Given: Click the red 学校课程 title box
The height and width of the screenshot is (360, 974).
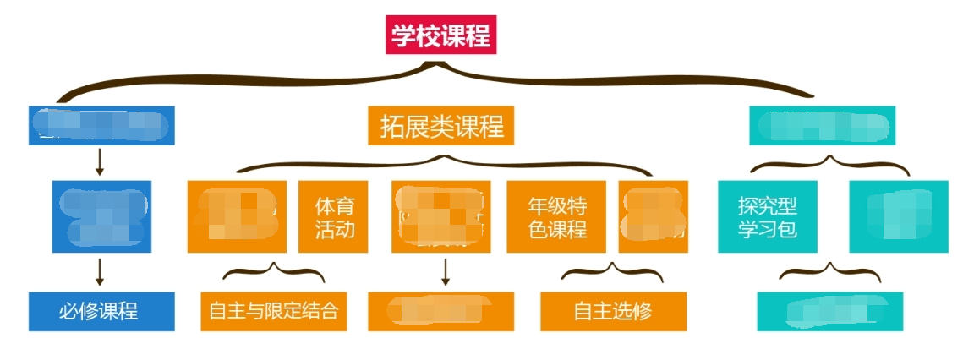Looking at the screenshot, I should (x=440, y=36).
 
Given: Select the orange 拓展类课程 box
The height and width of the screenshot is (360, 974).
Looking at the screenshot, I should (x=442, y=127).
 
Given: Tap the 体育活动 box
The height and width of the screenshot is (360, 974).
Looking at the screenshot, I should (x=334, y=216).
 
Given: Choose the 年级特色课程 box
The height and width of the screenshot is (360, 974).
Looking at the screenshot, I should (x=556, y=216).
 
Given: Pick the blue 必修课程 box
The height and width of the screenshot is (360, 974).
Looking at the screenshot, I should (x=101, y=311).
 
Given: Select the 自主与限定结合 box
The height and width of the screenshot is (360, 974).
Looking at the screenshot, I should (x=274, y=311).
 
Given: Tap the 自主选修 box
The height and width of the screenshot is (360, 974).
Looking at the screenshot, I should (x=613, y=311).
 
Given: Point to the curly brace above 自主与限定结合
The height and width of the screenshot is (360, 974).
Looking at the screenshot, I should (x=274, y=272).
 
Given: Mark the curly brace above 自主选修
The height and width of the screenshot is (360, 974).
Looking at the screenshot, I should (x=614, y=272).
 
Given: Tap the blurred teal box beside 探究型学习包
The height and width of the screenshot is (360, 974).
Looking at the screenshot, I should (x=899, y=216).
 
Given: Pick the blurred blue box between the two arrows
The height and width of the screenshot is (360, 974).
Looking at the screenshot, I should (x=101, y=216).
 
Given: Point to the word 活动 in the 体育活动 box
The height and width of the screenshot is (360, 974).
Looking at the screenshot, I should (x=334, y=229).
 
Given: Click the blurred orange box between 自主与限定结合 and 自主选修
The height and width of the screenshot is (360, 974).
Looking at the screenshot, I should (x=440, y=311).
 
